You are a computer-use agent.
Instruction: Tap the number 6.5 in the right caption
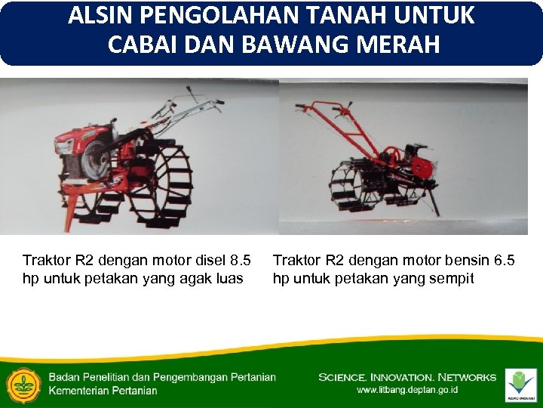(x=505, y=261)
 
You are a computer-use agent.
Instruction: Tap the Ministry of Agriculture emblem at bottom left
(x=23, y=385)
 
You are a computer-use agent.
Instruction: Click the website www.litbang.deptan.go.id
(x=407, y=391)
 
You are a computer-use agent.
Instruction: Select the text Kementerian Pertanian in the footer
(x=103, y=391)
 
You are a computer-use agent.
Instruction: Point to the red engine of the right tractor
(x=421, y=162)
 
